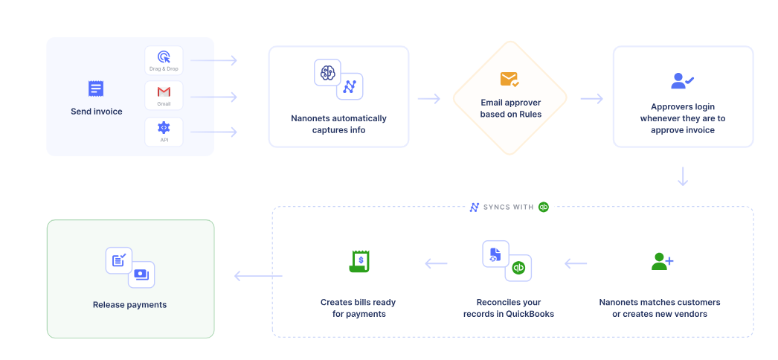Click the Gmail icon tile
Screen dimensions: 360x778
tap(164, 95)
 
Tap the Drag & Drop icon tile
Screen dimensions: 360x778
tap(164, 60)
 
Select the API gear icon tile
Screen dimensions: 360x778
tap(164, 131)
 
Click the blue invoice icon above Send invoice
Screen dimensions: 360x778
tap(96, 89)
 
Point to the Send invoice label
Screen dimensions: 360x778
tap(97, 112)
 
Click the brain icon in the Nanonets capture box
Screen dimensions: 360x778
tap(327, 73)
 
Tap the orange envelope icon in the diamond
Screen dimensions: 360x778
tap(509, 79)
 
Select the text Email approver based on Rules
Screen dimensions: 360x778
tap(510, 109)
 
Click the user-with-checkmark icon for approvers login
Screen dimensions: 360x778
tap(682, 80)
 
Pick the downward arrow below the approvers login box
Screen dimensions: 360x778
tap(683, 177)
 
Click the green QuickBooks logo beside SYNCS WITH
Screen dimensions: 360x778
tap(544, 207)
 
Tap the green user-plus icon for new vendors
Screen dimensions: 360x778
tap(662, 261)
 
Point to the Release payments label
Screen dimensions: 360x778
tap(129, 305)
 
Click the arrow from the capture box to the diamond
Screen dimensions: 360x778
tap(429, 99)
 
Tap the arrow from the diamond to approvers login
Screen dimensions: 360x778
tap(591, 99)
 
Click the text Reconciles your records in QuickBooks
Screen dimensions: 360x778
tap(509, 308)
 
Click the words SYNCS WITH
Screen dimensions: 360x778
tap(508, 207)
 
